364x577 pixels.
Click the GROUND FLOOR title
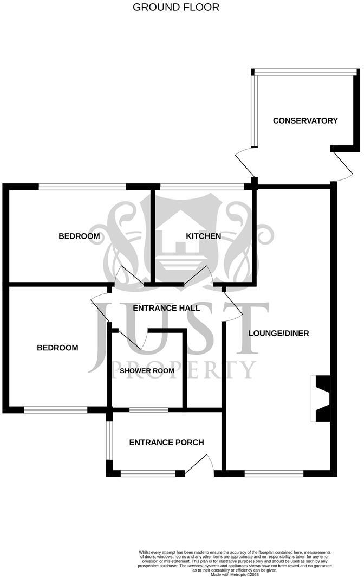coord(175,7)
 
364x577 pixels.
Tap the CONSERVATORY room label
coord(305,121)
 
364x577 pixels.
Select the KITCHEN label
coord(203,236)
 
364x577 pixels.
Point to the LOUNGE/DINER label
coord(279,334)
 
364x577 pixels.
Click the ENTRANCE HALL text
coord(166,308)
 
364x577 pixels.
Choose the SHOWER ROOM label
coord(147,370)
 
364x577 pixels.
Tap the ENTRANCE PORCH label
coord(166,443)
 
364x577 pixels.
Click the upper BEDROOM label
coord(79,236)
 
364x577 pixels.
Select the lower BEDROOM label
coord(58,348)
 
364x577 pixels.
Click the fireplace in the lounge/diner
coord(321,399)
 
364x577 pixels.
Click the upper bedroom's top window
coord(82,187)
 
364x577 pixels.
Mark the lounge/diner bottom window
coord(274,474)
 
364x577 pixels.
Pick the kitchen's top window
coord(202,187)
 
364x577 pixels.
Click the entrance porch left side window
coord(109,440)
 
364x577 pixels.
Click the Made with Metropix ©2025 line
coord(235,574)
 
